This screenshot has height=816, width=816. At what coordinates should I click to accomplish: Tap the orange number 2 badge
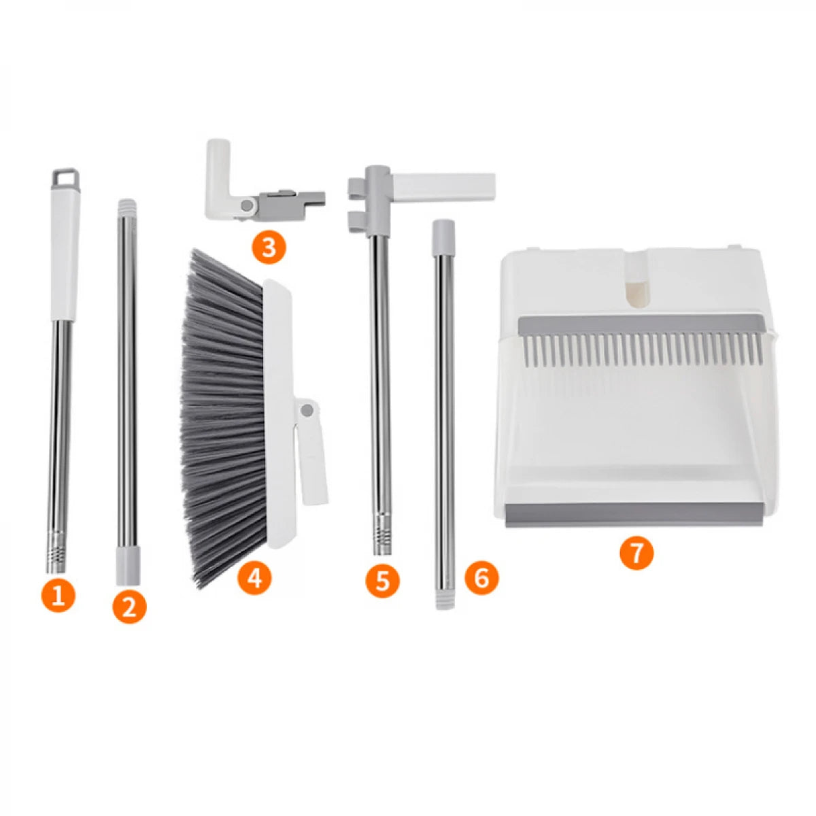tap(129, 607)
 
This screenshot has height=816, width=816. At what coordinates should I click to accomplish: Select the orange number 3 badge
tap(269, 248)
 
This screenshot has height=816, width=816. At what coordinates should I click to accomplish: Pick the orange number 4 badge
tap(254, 578)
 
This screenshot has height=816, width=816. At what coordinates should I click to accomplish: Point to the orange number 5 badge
tap(382, 581)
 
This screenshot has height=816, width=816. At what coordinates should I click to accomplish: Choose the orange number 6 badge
tap(481, 578)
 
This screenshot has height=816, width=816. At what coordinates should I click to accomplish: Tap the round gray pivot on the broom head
tap(306, 411)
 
